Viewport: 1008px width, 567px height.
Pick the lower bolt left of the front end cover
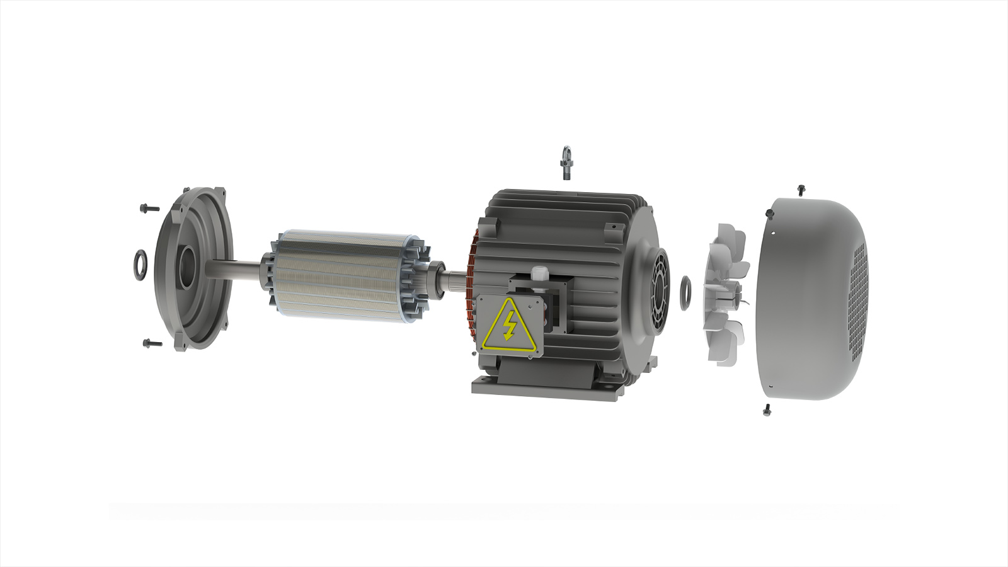(x=151, y=343)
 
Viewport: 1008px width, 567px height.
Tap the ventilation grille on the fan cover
(x=858, y=302)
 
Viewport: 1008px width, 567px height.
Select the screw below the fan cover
(x=767, y=409)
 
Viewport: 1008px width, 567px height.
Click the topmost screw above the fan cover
(x=801, y=189)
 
